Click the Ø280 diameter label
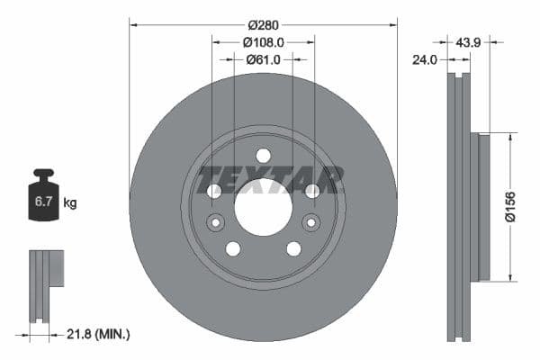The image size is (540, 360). pos(263,24)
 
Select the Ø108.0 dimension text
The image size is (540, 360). pos(264,41)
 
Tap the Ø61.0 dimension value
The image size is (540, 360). pos(263,59)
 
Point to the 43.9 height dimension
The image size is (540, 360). pos(468,41)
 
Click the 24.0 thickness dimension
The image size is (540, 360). pos(424,60)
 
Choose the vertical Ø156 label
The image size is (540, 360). pos(509,207)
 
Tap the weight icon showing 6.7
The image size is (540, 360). pos(42,197)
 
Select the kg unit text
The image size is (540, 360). pos(70,203)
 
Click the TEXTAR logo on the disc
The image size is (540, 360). pos(271,179)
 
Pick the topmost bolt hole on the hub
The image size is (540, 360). pos(263,155)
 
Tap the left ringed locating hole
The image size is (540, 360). pos(215,222)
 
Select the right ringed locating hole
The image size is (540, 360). pos(311,222)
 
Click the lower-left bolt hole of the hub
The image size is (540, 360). pos(232,248)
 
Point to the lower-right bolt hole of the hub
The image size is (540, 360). pos(293,248)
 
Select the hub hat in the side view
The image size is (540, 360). pos(482,207)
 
